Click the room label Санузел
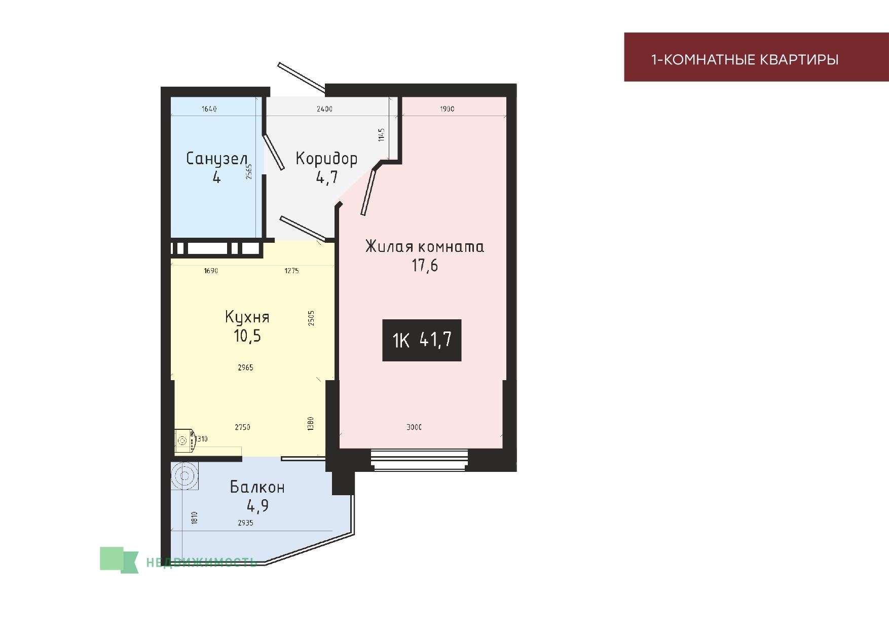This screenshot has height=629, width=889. [x=216, y=159]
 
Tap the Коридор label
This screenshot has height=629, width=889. [x=326, y=159]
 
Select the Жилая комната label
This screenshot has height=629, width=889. [x=425, y=246]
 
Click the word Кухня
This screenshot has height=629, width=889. [x=247, y=317]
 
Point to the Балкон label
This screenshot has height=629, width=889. [x=257, y=487]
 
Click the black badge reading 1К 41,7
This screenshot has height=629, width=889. [x=422, y=340]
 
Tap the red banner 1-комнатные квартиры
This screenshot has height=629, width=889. [x=756, y=57]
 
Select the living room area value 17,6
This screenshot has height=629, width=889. [x=425, y=265]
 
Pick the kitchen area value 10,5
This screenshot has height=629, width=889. [x=247, y=336]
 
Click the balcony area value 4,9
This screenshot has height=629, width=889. [x=257, y=506]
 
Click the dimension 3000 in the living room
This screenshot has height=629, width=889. [x=414, y=427]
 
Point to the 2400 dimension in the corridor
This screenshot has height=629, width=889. [x=324, y=108]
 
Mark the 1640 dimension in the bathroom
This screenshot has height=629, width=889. [x=209, y=108]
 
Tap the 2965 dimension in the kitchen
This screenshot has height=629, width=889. [x=245, y=367]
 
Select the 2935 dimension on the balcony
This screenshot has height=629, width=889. [x=245, y=523]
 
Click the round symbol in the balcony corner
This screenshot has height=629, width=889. [x=184, y=476]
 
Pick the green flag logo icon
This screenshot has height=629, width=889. [x=119, y=560]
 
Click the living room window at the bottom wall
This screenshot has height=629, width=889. [x=420, y=460]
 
